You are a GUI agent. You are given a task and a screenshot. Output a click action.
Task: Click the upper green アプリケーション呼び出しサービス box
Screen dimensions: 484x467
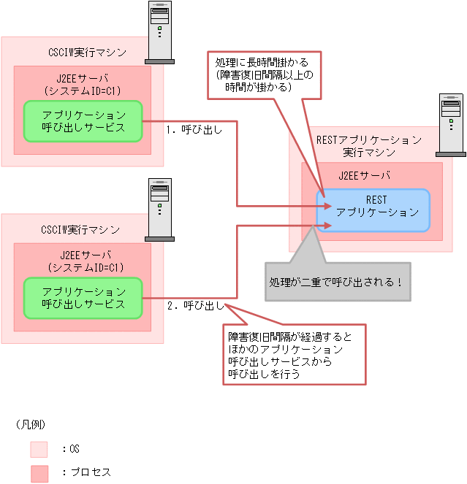click(83, 121)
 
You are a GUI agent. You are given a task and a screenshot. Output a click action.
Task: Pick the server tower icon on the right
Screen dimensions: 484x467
click(451, 125)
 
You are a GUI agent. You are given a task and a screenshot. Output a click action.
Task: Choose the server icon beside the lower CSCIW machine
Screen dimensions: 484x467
click(159, 209)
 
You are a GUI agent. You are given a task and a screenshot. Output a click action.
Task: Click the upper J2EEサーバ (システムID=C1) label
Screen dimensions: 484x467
click(83, 85)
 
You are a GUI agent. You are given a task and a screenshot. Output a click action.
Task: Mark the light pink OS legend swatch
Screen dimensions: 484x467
click(39, 449)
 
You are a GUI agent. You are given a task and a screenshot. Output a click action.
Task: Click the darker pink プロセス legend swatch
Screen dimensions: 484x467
click(39, 472)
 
